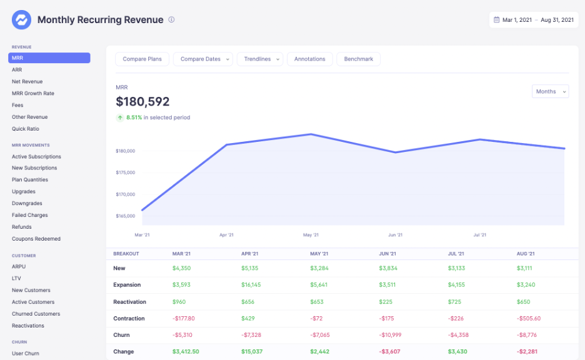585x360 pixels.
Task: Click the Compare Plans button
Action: coord(142,59)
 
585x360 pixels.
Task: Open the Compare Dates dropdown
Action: coord(203,59)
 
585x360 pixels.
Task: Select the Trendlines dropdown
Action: coord(260,59)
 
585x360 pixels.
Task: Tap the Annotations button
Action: coord(309,59)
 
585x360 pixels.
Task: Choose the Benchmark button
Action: coord(358,59)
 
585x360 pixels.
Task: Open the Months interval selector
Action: coord(550,91)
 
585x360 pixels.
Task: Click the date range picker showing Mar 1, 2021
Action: coord(533,20)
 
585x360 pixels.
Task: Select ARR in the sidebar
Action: coord(17,70)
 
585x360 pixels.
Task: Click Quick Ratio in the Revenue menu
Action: coord(26,129)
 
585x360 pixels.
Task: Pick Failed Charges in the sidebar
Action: coord(30,215)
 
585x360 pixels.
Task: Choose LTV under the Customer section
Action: coord(16,278)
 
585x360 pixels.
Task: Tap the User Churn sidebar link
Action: coord(26,353)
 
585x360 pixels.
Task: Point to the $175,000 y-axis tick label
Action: coord(125,172)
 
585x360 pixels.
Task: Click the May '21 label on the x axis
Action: coord(311,235)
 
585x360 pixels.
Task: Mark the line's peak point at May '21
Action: coord(311,134)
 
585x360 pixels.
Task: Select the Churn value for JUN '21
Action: coord(391,335)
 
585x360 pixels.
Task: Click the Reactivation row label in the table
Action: coord(129,302)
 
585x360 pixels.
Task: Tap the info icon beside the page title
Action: coord(171,19)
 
